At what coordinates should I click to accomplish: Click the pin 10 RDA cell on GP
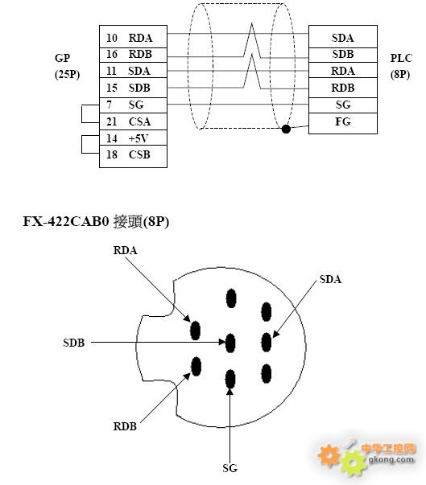coord(133,37)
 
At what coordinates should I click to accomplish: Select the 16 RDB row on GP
coord(133,55)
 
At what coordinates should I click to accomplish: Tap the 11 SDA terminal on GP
coord(133,70)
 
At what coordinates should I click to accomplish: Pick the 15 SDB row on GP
coord(133,88)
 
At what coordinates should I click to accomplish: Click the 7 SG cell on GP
coord(133,105)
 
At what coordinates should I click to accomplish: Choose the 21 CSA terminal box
coord(133,121)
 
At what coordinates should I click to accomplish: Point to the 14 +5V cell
coord(133,138)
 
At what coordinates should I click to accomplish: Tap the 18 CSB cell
coord(133,157)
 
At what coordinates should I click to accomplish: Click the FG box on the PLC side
coord(343,123)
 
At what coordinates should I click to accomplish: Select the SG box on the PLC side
coord(343,105)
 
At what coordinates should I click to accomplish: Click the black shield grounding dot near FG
coord(286,129)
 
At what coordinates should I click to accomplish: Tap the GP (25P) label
coord(67,66)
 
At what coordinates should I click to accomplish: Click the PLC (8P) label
coord(401,66)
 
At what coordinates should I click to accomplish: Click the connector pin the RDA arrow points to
coord(196,331)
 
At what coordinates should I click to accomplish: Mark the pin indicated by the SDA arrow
coord(267,343)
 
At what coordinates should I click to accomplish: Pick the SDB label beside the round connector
coord(73,343)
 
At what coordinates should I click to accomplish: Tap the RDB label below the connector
coord(125,426)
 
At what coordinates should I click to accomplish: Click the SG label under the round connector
coord(230,468)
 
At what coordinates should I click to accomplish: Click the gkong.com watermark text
coord(391,459)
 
